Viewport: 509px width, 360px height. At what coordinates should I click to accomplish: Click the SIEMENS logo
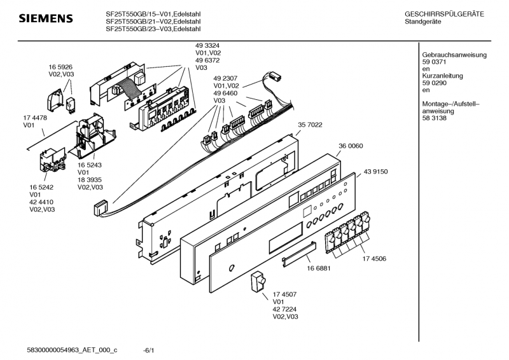coord(45,18)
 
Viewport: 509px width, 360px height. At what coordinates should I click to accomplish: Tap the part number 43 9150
coord(375,172)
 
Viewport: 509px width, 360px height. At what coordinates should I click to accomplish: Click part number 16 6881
coord(318,268)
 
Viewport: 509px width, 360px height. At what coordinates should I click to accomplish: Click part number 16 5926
coord(61,66)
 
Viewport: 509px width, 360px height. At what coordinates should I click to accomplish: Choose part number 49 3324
coord(207,46)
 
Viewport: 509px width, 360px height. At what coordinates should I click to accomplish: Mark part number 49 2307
coord(226,78)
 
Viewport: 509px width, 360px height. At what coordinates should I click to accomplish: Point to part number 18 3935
coord(90,180)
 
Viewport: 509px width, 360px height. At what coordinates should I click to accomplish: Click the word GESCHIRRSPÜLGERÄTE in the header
coord(443,14)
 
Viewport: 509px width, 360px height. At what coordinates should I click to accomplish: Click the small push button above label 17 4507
coord(259,281)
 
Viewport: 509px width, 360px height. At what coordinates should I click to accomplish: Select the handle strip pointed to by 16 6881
coord(297,254)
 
